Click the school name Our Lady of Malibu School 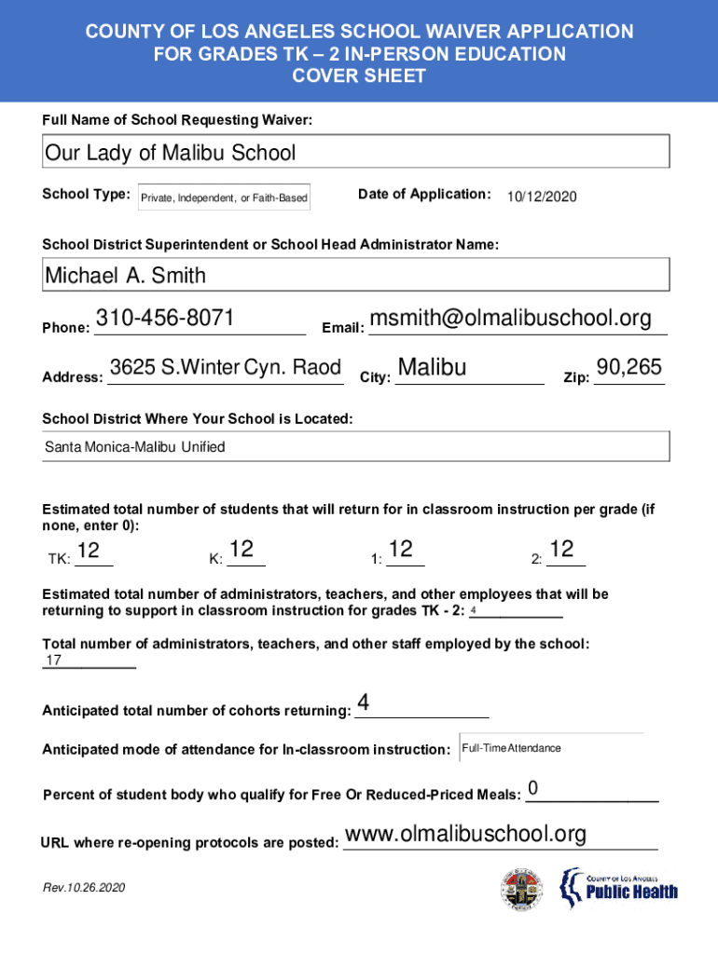click(171, 153)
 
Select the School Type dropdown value click(224, 198)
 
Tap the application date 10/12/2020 click(542, 198)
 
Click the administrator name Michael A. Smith click(126, 276)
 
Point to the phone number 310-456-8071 click(165, 319)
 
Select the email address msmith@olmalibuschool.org click(510, 319)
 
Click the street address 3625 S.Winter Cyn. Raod click(226, 368)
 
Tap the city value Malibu click(432, 368)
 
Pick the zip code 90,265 click(629, 368)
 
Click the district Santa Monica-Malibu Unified click(135, 447)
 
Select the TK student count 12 click(89, 552)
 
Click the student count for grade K click(241, 551)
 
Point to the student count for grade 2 click(561, 551)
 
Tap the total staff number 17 click(54, 661)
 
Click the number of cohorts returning click(364, 703)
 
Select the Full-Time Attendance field click(512, 748)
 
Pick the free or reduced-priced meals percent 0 click(532, 789)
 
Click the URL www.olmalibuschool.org click(465, 834)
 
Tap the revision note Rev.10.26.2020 click(84, 888)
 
